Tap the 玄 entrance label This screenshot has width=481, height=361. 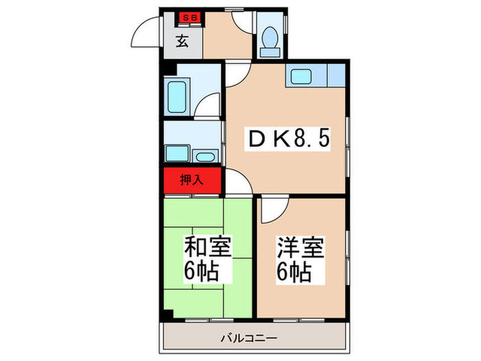(182, 41)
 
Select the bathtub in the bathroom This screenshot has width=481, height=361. (178, 96)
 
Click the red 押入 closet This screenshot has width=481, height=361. (192, 181)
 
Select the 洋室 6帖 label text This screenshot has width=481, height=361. (300, 260)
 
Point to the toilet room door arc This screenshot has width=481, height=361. (244, 23)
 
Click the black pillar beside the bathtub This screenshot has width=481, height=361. (167, 68)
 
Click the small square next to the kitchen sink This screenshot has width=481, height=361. (336, 74)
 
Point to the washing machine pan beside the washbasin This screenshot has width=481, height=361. (177, 153)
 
